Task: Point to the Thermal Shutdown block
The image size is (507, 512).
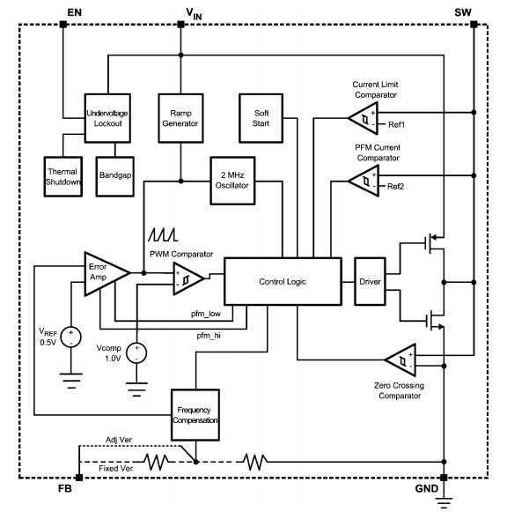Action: pyautogui.click(x=64, y=171)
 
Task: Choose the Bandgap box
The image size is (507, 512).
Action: pyautogui.click(x=115, y=171)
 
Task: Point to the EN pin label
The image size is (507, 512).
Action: pyautogui.click(x=73, y=11)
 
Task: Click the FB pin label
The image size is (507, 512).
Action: pyautogui.click(x=65, y=492)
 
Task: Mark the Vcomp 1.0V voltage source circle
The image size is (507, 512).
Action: pyautogui.click(x=137, y=352)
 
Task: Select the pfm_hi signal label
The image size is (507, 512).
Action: pyautogui.click(x=209, y=336)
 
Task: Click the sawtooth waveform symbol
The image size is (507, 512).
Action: pyautogui.click(x=163, y=235)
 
